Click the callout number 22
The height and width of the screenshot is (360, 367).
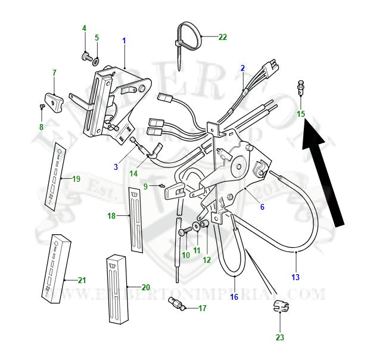[x=222, y=37]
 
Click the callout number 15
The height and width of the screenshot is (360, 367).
[x=301, y=113]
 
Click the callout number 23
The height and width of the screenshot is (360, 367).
[x=280, y=337]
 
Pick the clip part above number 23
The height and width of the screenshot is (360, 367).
[x=279, y=308]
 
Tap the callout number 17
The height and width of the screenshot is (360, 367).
[x=202, y=308]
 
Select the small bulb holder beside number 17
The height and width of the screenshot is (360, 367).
[x=178, y=304]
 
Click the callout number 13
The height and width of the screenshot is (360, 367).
[x=296, y=277]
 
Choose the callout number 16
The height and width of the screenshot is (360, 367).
[x=234, y=296]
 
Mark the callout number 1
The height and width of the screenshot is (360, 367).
[x=124, y=41]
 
